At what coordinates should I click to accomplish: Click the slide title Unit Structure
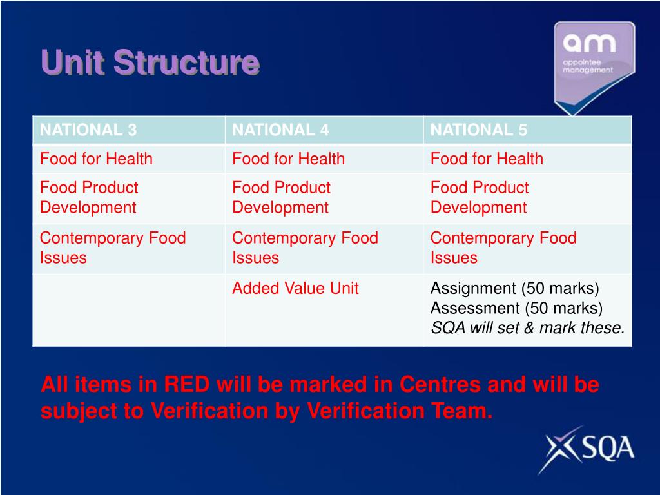150,63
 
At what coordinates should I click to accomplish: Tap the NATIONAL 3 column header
88,130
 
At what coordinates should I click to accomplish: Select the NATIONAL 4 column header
280,130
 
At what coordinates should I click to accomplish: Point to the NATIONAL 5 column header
479,130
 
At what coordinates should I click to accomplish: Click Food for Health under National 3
96,159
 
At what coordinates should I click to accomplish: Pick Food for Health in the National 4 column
288,159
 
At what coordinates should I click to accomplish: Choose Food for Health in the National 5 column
487,159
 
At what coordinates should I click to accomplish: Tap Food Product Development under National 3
89,197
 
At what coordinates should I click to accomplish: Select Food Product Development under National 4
281,197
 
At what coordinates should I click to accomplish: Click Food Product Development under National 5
480,197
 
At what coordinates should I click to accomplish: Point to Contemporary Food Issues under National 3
113,248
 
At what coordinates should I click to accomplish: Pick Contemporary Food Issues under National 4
305,248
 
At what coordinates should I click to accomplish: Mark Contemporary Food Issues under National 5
503,248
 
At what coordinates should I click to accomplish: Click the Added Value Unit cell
295,288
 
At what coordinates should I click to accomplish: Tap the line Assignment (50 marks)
514,288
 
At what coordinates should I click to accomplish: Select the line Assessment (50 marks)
516,308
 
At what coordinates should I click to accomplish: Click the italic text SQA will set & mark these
527,328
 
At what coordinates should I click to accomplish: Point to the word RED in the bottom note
186,384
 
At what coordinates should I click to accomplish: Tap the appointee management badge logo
594,67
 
